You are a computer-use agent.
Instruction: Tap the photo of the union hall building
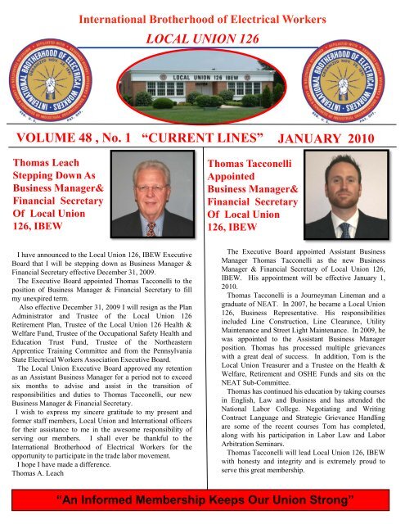tap(202, 88)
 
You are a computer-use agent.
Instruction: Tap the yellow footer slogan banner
tap(201, 499)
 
